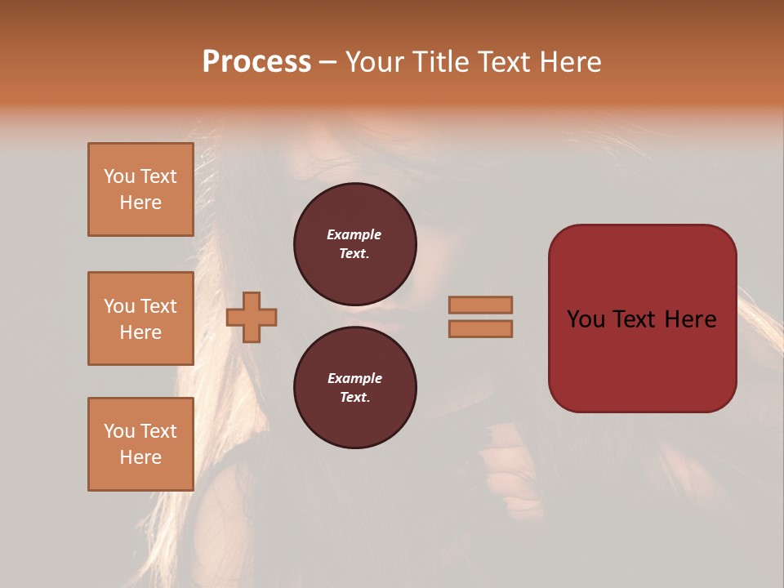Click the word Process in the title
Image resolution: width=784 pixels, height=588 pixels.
coord(256,61)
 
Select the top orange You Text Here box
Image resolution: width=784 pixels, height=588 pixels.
coord(140,189)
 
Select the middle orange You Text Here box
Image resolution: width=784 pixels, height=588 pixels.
coord(140,318)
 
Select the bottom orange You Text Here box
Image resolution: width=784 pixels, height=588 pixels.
coord(140,444)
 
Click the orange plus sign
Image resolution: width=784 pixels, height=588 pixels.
coord(252,318)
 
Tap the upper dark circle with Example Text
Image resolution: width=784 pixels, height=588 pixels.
coord(354,243)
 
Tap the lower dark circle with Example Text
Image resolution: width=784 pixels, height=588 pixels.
coord(354,387)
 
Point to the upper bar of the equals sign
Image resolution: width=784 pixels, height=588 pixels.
coord(481,305)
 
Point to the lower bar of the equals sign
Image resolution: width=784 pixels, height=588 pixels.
coord(481,329)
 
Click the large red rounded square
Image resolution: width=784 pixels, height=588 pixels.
coord(642,318)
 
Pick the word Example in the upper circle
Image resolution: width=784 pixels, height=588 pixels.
coord(354,234)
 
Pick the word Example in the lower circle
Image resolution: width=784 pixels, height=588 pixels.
coord(354,378)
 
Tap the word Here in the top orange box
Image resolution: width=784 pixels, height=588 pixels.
coord(140,203)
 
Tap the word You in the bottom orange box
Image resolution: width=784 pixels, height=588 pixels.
coord(119,431)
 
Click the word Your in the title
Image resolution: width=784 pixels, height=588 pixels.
coord(375,61)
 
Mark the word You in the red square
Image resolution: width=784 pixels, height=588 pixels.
coord(586,319)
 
